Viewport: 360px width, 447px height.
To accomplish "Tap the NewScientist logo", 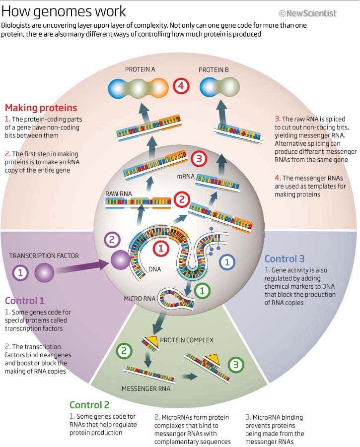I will click(307, 13).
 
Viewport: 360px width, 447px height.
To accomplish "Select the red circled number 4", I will click(181, 86).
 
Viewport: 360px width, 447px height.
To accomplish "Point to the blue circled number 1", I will click(227, 262).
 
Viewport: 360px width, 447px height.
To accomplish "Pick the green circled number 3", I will click(236, 365).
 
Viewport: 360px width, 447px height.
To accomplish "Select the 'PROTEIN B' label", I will click(214, 70).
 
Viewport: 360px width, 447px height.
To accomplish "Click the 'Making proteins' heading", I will click(41, 108).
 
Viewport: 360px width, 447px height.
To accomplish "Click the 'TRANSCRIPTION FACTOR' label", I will click(44, 255).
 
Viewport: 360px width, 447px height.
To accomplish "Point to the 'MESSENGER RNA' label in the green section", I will click(146, 388).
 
